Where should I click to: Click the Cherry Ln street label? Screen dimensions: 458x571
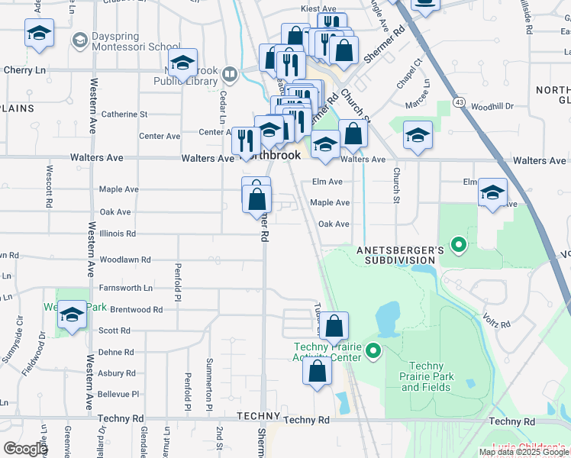tap(25, 69)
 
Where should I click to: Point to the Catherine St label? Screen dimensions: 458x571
tap(124, 114)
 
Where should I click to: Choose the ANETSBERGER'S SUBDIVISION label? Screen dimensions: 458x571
tap(395, 255)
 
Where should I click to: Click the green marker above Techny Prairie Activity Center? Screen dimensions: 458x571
tap(373, 351)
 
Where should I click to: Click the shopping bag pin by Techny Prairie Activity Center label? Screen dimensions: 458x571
tap(318, 372)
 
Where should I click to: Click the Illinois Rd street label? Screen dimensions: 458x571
tap(118, 234)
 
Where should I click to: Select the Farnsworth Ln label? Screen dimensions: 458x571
tap(126, 288)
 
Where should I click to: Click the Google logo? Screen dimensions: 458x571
tap(25, 449)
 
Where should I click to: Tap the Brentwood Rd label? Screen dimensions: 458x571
tap(137, 310)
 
